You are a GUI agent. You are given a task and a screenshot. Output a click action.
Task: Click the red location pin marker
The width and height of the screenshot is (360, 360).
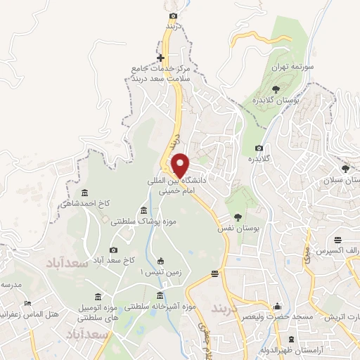180,165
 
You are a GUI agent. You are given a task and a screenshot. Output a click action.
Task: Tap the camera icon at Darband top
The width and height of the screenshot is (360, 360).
174,15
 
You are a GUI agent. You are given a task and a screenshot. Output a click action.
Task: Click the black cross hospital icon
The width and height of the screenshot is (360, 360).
161,58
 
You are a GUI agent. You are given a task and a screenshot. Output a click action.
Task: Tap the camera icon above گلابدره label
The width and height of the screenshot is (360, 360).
259,148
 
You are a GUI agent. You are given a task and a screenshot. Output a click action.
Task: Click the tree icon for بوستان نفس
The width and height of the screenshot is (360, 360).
238,217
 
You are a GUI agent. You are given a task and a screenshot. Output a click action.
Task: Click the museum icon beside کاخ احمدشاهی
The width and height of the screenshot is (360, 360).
85,193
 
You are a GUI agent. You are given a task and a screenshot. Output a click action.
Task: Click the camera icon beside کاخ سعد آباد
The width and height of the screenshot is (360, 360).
114,250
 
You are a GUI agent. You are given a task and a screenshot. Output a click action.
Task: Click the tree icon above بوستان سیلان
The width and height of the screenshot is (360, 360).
345,168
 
